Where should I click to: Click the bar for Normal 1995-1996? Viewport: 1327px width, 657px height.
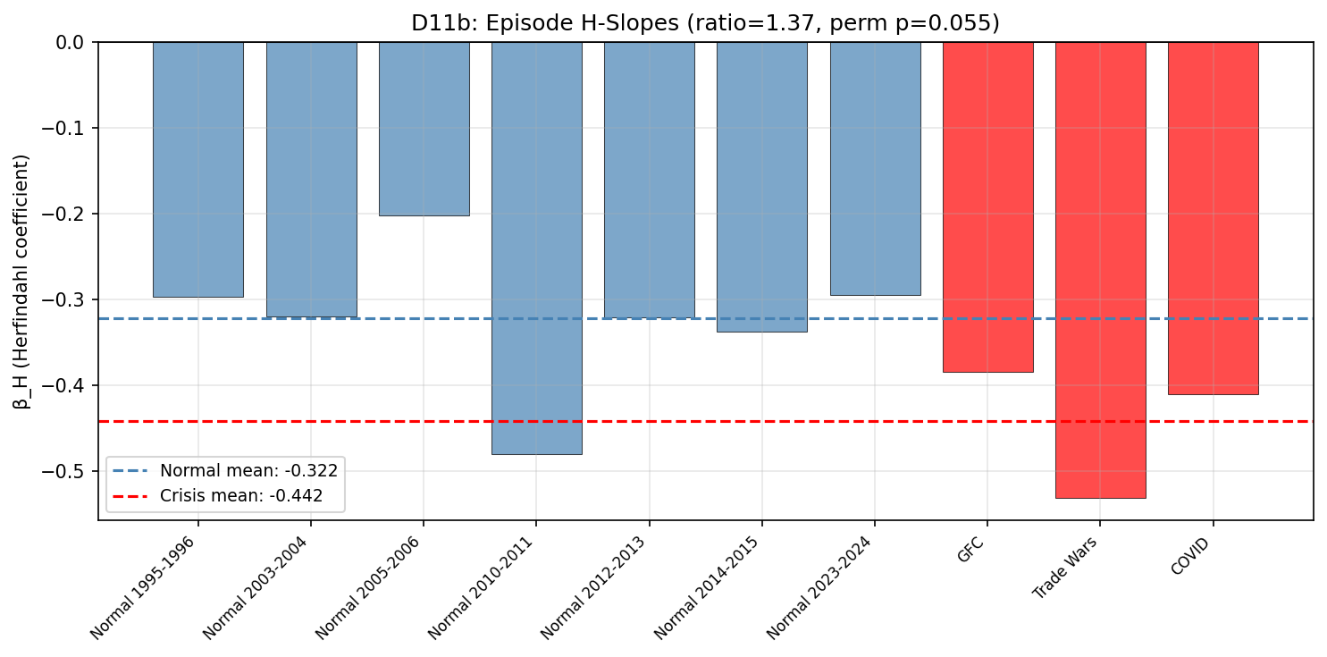(x=197, y=170)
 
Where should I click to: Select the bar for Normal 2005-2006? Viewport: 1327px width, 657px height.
(x=424, y=129)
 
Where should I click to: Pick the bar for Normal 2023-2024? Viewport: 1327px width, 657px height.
(x=875, y=169)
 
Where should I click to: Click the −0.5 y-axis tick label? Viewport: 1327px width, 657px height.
(x=66, y=471)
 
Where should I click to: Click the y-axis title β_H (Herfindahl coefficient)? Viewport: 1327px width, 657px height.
(x=21, y=282)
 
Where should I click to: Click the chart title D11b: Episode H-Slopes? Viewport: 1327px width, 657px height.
(x=705, y=24)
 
